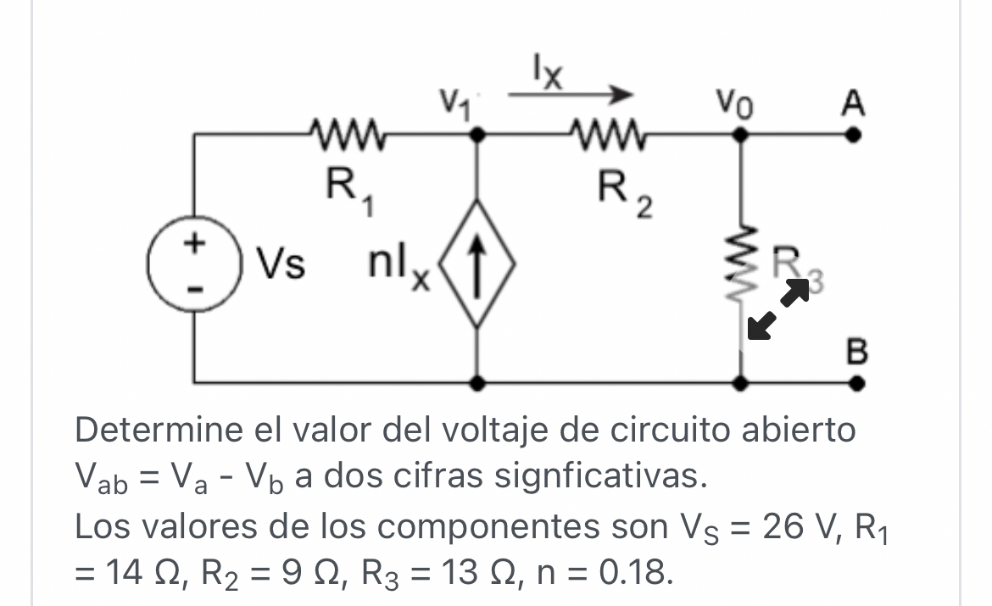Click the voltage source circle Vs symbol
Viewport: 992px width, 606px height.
(x=196, y=265)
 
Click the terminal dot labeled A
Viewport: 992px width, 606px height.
(x=856, y=135)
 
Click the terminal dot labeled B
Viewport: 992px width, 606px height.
(x=856, y=383)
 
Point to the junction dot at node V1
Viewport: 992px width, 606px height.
(x=478, y=135)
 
